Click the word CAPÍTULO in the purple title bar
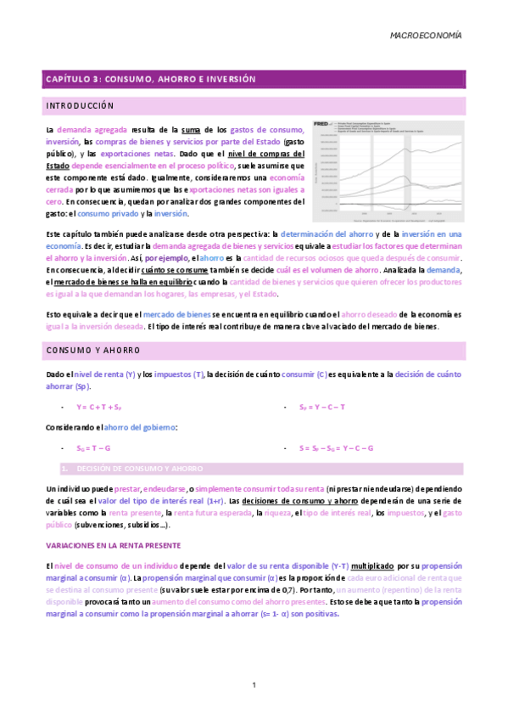[x=70, y=79]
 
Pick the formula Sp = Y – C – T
[x=321, y=407]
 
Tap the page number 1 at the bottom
[x=254, y=684]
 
